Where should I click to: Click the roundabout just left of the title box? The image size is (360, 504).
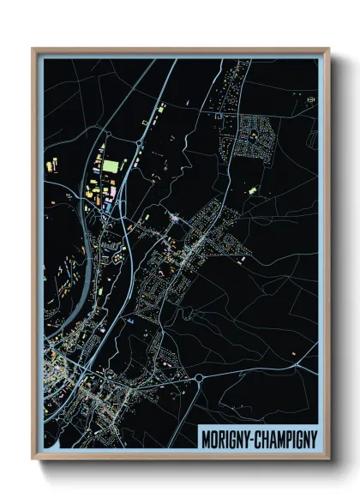point(199,377)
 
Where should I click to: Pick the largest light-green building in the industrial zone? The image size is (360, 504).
point(111,164)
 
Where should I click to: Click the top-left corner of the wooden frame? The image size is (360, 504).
point(33,49)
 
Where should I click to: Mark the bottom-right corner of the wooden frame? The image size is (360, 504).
point(328,460)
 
